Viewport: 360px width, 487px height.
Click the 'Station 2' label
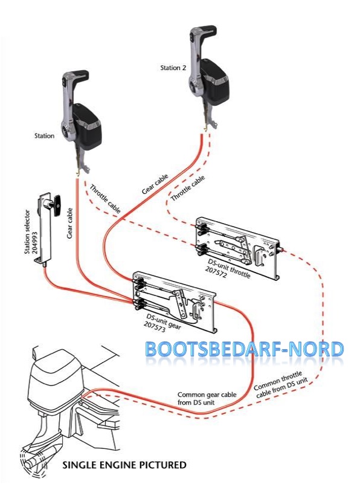pos(173,68)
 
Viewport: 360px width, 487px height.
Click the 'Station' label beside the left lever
pos(45,136)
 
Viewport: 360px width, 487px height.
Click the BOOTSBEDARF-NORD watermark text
pos(244,350)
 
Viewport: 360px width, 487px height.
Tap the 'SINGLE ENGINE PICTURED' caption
pos(124,465)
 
